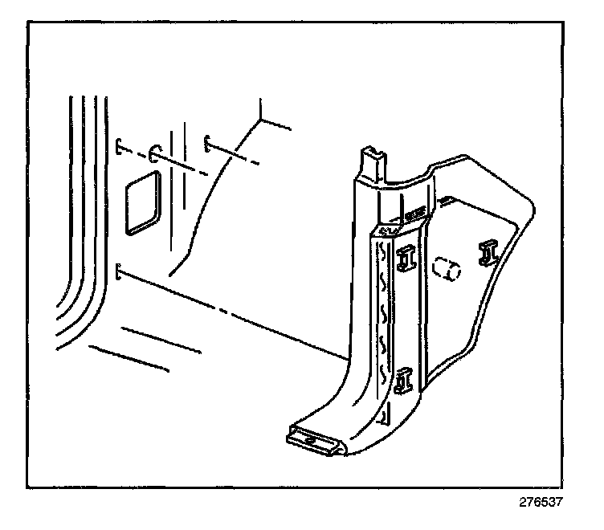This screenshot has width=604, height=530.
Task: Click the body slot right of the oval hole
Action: pyautogui.click(x=206, y=143)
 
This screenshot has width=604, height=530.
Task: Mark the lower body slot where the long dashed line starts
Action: pyautogui.click(x=119, y=271)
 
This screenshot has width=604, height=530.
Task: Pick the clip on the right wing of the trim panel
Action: pyautogui.click(x=488, y=252)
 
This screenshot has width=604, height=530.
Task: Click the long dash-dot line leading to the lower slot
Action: pyautogui.click(x=233, y=313)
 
